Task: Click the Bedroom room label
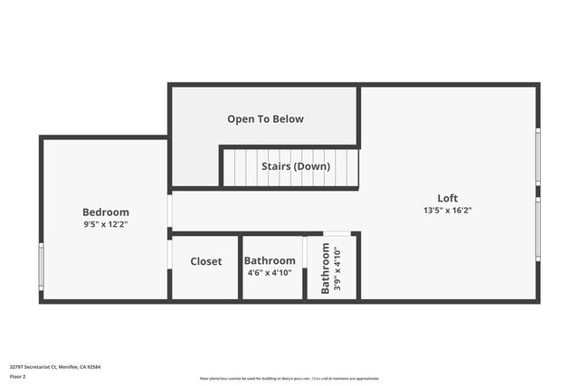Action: tap(106, 212)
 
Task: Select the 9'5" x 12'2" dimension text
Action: tap(106, 224)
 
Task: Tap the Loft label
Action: tap(448, 198)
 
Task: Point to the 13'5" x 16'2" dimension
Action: tap(448, 210)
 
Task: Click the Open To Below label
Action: tap(265, 118)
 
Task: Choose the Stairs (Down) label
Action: tap(296, 166)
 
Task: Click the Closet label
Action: tap(205, 261)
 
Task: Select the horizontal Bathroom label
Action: tap(270, 260)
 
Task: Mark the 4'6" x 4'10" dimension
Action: tap(270, 272)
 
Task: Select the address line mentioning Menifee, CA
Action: tap(54, 367)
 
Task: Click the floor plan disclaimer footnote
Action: tap(289, 379)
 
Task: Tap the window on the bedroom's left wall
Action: tap(41, 267)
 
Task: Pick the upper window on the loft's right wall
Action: tap(537, 157)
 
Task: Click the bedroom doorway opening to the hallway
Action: tap(169, 211)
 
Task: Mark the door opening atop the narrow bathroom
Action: tap(337, 233)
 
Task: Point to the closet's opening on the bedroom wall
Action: tap(169, 254)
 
